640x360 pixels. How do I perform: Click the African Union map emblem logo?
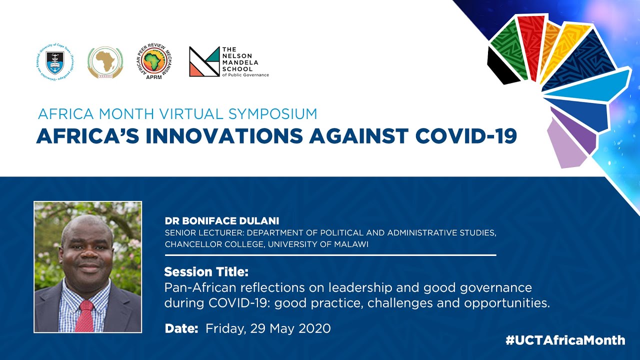click(105, 62)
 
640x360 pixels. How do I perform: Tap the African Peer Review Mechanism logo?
click(154, 61)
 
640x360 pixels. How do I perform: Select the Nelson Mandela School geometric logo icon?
click(204, 61)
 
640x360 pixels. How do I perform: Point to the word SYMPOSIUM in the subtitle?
click(273, 113)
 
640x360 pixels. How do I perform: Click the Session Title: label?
click(206, 272)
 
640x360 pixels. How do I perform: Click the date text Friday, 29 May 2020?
click(268, 328)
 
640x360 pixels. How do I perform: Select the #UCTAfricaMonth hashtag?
click(565, 340)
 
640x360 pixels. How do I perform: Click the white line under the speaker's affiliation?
click(330, 255)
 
